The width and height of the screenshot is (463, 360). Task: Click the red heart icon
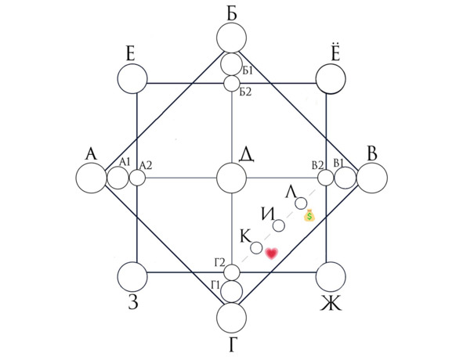tap(272, 254)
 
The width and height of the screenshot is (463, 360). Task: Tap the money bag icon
tap(309, 214)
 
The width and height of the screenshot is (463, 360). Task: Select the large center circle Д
tap(232, 178)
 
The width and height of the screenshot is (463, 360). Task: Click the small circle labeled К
tap(256, 248)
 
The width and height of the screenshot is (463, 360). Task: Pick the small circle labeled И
tap(279, 226)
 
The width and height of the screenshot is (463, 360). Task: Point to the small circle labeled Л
tap(301, 203)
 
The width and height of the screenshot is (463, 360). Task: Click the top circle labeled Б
tap(232, 38)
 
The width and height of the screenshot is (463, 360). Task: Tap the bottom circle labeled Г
tap(232, 317)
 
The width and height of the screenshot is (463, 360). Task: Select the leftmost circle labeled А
tap(91, 178)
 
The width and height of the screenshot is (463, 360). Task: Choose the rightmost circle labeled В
tap(372, 178)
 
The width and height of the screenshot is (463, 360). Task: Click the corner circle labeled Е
tap(132, 78)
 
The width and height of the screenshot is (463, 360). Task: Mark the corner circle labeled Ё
tap(331, 79)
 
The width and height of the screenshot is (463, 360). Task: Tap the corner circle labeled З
tap(132, 276)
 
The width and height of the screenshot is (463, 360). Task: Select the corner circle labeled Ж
tap(331, 276)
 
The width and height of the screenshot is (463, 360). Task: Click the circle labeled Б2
tap(232, 84)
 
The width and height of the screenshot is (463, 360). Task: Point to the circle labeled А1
tap(118, 178)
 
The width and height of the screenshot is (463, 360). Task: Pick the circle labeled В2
tap(326, 178)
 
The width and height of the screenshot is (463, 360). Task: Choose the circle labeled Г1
tap(232, 291)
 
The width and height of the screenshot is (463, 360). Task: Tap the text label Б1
tap(248, 70)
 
